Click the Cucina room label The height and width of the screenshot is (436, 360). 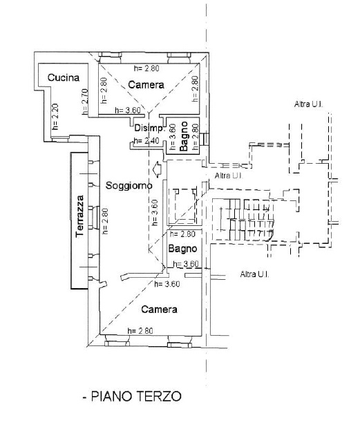coord(64,77)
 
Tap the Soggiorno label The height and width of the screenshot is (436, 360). coord(129,185)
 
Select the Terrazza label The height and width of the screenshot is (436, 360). coord(79,216)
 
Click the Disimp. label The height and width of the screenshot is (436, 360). coord(150,129)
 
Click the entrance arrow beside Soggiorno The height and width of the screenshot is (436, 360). coord(158,169)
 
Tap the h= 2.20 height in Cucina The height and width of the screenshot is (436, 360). coord(55,117)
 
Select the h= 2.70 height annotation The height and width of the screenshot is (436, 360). coord(85,102)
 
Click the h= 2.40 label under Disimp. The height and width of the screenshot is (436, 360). coord(146,141)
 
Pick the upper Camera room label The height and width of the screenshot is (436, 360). coord(146,84)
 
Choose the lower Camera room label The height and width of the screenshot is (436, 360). coord(159,309)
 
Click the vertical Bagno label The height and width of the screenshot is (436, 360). coord(184,136)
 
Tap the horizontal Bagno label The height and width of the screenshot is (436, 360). coord(182,248)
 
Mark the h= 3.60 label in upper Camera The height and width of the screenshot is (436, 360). coord(128,111)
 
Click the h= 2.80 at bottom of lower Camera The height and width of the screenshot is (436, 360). coord(140,331)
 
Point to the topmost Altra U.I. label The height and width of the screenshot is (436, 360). coord(308,104)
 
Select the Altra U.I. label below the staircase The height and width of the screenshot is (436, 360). coord(254,274)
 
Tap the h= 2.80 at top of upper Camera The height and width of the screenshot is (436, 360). coord(146,68)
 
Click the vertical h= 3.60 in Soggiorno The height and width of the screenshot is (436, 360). coord(155,213)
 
